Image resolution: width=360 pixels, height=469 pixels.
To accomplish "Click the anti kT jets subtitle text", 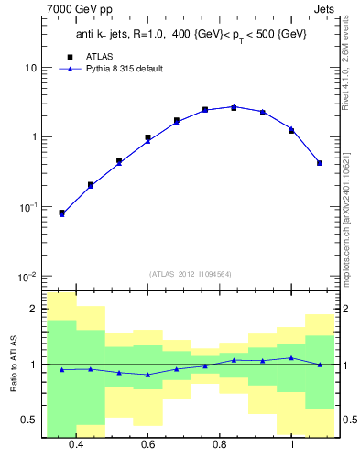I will point(191,34).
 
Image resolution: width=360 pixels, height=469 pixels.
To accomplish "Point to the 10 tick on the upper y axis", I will point(31,69).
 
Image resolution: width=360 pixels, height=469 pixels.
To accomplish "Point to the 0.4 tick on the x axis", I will point(75,444).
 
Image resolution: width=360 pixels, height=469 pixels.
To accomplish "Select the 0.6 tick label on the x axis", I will point(147,444).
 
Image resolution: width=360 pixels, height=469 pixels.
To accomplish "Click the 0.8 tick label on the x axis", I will point(220,444).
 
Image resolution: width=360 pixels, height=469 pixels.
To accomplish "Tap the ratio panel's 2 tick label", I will point(34,309).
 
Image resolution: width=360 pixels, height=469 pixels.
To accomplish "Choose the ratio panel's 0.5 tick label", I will point(29,420).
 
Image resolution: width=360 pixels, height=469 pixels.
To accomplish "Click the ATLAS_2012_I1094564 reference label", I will point(190,274).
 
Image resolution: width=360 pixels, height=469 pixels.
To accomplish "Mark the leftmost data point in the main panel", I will point(61,213).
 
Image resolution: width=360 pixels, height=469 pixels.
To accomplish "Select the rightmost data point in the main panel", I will point(320,163).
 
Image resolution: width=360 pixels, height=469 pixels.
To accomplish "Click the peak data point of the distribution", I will point(234,107).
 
